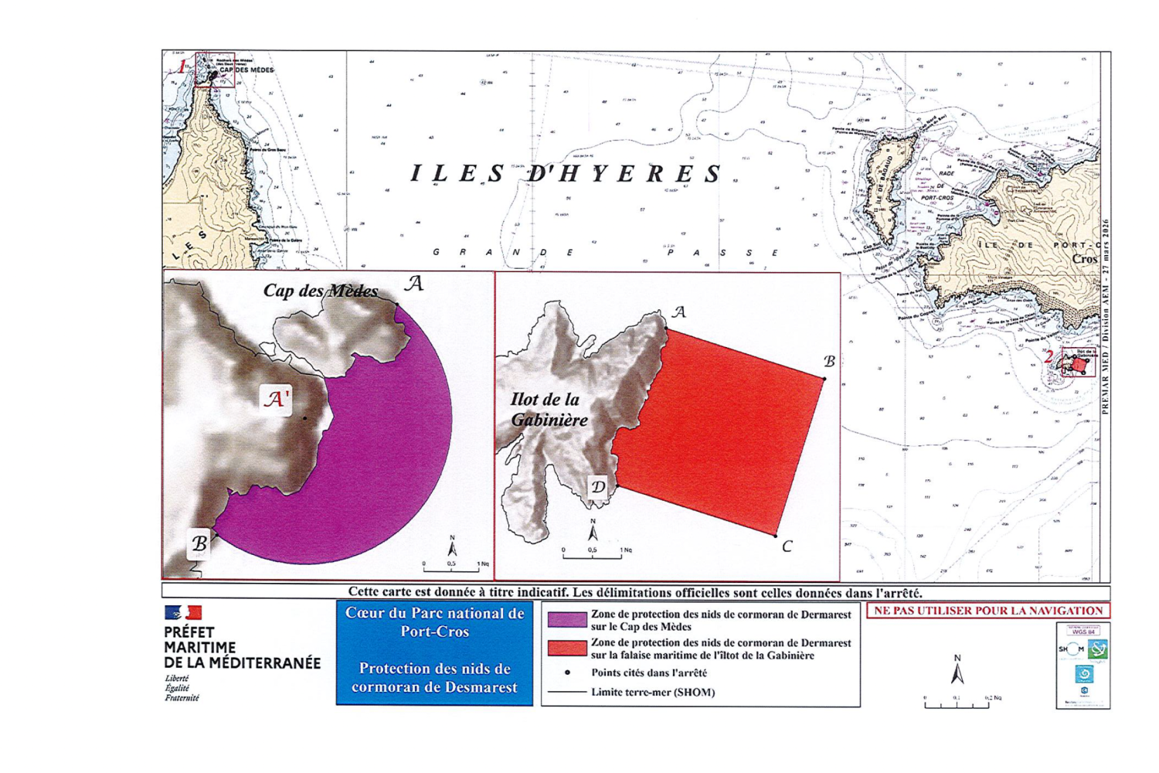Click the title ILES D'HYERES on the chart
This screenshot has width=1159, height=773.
(x=566, y=174)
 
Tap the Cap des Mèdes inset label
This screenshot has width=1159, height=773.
(x=321, y=291)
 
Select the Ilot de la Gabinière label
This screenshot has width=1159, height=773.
(x=548, y=410)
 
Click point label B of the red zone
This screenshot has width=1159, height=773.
(x=829, y=362)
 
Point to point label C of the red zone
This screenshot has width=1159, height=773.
(x=787, y=547)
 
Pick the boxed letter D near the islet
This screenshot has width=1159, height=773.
(x=598, y=487)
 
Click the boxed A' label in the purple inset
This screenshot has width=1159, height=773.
(x=276, y=399)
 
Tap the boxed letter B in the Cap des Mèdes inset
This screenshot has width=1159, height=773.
(x=199, y=544)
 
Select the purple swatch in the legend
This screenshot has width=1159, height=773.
(x=566, y=620)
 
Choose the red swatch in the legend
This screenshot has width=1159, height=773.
(x=566, y=648)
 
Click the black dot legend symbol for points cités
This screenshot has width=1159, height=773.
(x=568, y=673)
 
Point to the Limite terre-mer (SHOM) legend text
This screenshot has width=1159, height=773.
(x=653, y=692)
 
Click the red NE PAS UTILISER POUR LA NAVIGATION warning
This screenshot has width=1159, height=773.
(x=988, y=611)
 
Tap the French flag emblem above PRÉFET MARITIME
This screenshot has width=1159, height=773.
(x=183, y=613)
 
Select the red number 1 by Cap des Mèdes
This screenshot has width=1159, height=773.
(x=182, y=66)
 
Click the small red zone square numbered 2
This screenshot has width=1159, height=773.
(x=1079, y=364)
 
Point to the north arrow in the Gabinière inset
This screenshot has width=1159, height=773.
(x=593, y=530)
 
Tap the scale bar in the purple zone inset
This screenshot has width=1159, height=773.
(x=450, y=568)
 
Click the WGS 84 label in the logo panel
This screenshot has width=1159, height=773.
(x=1083, y=632)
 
